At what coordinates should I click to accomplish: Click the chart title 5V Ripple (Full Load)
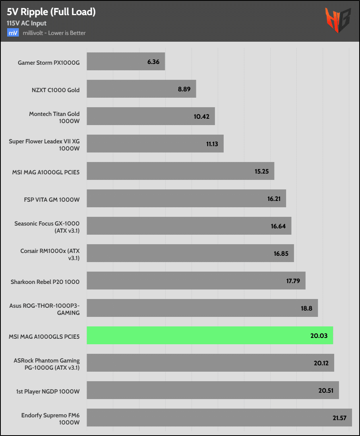tap(51, 12)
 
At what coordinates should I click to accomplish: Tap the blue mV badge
tap(13, 33)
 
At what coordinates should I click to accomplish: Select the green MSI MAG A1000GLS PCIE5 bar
tap(210, 336)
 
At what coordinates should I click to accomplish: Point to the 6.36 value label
tap(153, 62)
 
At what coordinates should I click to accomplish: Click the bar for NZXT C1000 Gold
tap(141, 89)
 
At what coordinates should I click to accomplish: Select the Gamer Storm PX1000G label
tap(48, 62)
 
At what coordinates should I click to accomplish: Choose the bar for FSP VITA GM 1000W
tap(186, 199)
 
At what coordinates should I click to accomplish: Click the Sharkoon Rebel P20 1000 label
tap(45, 282)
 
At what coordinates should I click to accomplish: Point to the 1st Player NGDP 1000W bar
tap(213, 390)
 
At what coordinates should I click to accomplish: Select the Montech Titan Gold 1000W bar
tap(151, 116)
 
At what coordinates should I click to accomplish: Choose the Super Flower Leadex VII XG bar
tap(155, 144)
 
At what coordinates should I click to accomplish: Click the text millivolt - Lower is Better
tap(54, 33)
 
